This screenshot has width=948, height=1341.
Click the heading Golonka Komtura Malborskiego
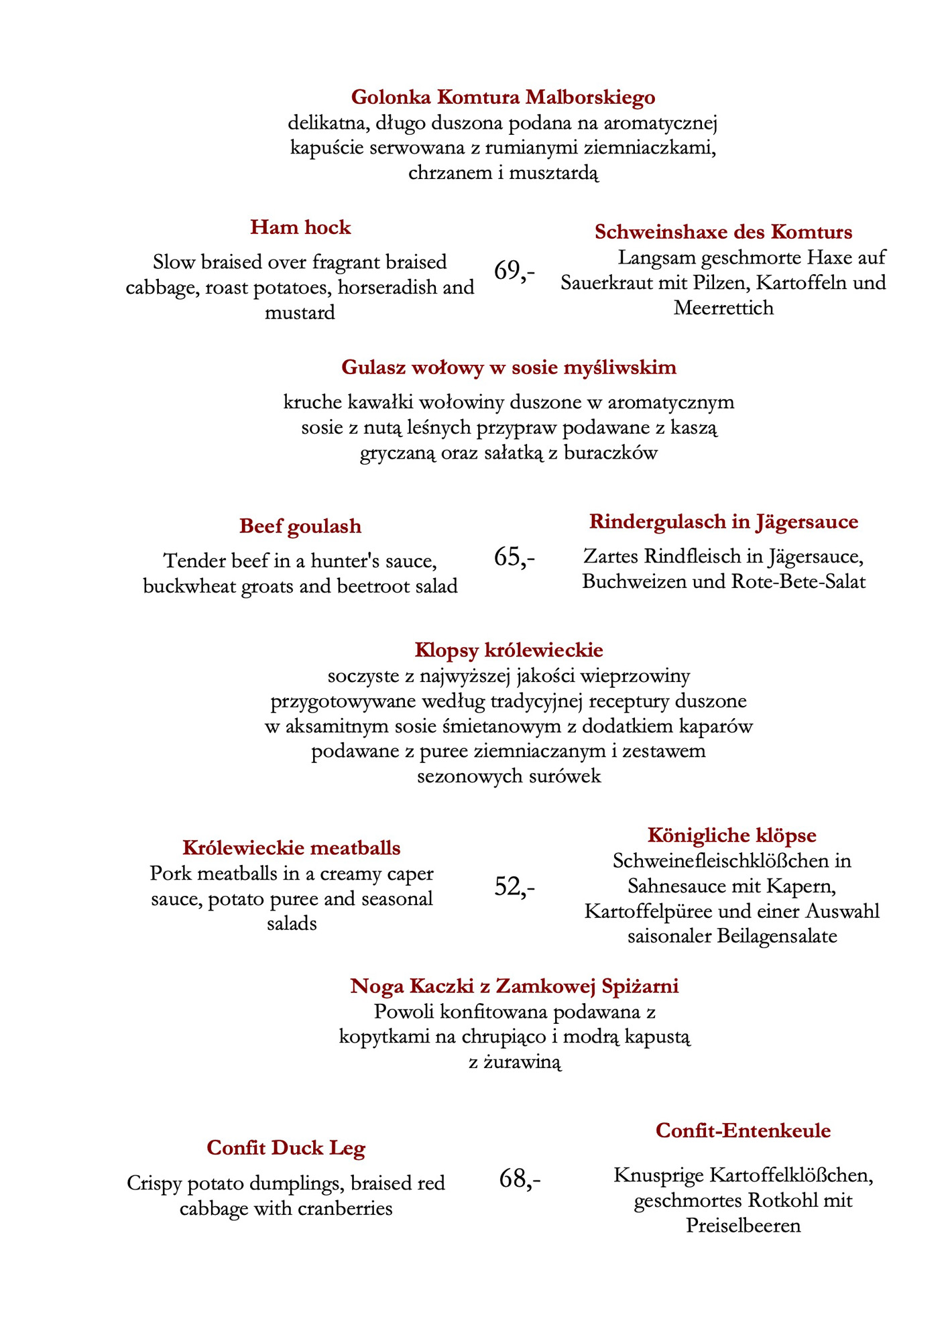coord(503,98)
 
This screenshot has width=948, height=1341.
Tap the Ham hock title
coord(300,227)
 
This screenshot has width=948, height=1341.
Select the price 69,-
coord(514,270)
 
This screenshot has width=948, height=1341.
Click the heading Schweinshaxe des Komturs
coord(723,232)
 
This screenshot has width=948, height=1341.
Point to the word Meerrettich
coord(723,308)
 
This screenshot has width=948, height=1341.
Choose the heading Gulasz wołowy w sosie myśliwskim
coord(509,367)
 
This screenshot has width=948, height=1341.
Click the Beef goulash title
coord(300,526)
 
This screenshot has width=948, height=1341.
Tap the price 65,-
coord(514,557)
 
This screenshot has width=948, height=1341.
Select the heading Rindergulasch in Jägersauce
coord(723,522)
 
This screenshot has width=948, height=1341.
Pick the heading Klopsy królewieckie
coord(509,650)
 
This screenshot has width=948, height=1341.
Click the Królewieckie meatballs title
coord(292,848)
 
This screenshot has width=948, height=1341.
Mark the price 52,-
coord(514,886)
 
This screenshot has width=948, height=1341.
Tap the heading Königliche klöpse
coord(732,835)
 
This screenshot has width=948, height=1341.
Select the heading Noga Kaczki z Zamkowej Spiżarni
coord(514,986)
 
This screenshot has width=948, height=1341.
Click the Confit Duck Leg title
coord(286,1148)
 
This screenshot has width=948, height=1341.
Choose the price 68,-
coord(520,1178)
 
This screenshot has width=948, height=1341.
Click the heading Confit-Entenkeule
coord(743,1130)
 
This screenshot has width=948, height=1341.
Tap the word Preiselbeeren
coord(743,1226)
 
